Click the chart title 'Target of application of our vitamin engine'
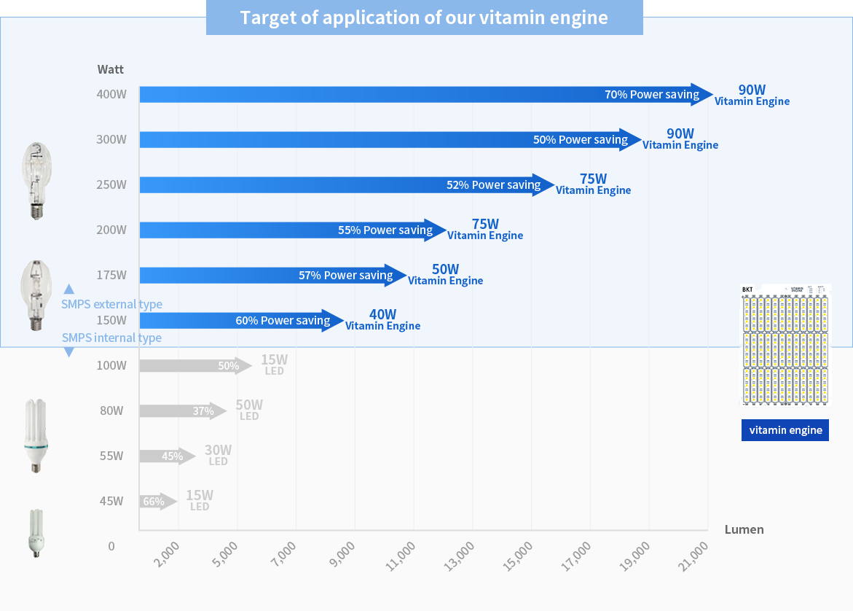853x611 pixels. pyautogui.click(x=424, y=17)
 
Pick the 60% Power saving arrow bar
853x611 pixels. pyautogui.click(x=241, y=321)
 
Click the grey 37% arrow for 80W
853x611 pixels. pyautogui.click(x=183, y=411)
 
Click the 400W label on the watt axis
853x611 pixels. pyautogui.click(x=111, y=95)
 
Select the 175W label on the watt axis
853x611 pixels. pyautogui.click(x=111, y=276)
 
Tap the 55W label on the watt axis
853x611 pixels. pyautogui.click(x=111, y=456)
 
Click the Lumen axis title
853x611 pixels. pyautogui.click(x=744, y=530)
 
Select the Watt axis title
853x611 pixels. pyautogui.click(x=111, y=70)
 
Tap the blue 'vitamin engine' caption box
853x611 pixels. pyautogui.click(x=785, y=430)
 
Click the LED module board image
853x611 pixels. pyautogui.click(x=785, y=345)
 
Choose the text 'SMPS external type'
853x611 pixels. pyautogui.click(x=111, y=305)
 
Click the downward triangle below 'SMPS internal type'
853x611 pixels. pyautogui.click(x=69, y=352)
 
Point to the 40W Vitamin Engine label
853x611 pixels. pyautogui.click(x=382, y=320)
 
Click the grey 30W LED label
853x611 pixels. pyautogui.click(x=218, y=456)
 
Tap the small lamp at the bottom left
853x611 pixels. pyautogui.click(x=34, y=534)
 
